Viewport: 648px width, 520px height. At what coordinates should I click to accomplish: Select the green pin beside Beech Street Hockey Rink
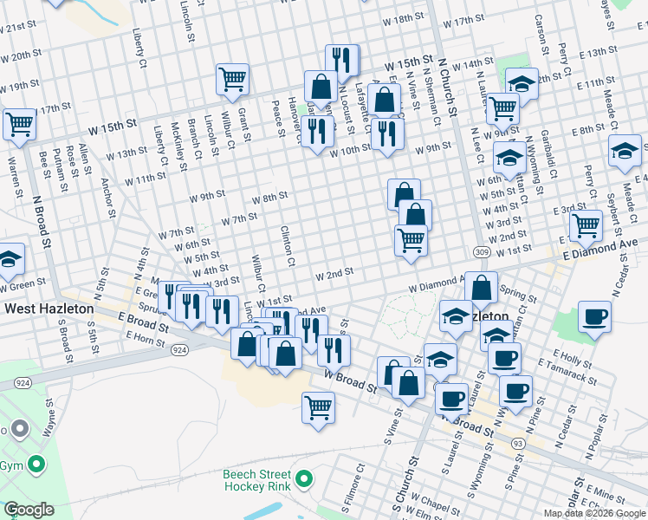click(304, 478)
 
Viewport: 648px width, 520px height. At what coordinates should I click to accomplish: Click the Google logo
click(29, 510)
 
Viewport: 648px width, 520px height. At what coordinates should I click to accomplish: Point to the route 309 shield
click(483, 252)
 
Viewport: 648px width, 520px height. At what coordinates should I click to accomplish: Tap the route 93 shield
click(517, 444)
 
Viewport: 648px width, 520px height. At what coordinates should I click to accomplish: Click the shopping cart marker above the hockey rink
click(319, 406)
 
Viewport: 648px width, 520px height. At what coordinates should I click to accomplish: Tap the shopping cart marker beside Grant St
click(233, 80)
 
